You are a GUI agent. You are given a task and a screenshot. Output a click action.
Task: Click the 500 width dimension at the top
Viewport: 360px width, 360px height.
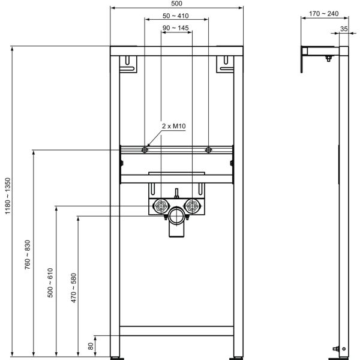coord(176,4)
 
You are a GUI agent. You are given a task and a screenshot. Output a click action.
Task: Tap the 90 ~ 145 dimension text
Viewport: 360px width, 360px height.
coord(176,28)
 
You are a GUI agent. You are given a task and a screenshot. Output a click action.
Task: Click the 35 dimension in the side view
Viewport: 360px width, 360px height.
coord(344,28)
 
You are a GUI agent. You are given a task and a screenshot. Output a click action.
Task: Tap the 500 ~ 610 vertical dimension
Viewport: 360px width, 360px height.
coord(50,283)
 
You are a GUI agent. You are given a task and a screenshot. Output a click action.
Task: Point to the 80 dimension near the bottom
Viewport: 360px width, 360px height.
coord(91,345)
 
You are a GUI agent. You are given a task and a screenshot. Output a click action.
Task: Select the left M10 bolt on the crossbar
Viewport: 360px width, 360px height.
coord(145,150)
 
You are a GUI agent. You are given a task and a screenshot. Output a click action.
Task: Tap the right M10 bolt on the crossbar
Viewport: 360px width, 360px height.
coord(208,150)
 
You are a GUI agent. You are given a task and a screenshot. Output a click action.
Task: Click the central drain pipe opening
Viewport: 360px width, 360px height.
coord(176,217)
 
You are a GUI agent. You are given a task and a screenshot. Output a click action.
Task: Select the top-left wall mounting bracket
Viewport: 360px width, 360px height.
coord(127,64)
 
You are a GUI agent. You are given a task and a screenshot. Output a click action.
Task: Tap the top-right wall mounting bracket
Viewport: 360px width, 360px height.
coord(226,64)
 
